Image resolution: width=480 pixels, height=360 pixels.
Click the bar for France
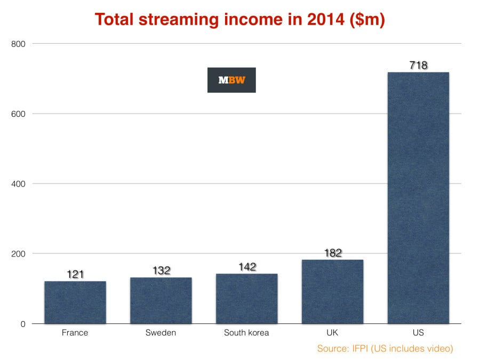pos(75,302)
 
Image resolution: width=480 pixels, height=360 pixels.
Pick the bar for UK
pos(332,292)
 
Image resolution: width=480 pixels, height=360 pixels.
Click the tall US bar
pos(418,198)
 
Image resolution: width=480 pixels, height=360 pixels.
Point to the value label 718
pos(418,66)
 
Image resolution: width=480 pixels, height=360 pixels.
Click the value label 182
pos(332,253)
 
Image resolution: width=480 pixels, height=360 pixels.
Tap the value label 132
pos(161,270)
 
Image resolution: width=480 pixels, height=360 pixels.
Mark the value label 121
pos(75,274)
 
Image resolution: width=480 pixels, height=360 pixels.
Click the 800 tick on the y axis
pos(18,44)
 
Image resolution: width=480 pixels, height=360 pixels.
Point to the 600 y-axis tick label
pos(18,114)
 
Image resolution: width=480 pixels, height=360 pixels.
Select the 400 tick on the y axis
pos(18,184)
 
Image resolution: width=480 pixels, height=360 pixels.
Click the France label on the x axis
pos(75,333)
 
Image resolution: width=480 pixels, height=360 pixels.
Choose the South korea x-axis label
pos(246,333)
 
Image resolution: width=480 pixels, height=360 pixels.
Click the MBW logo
pos(231,80)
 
